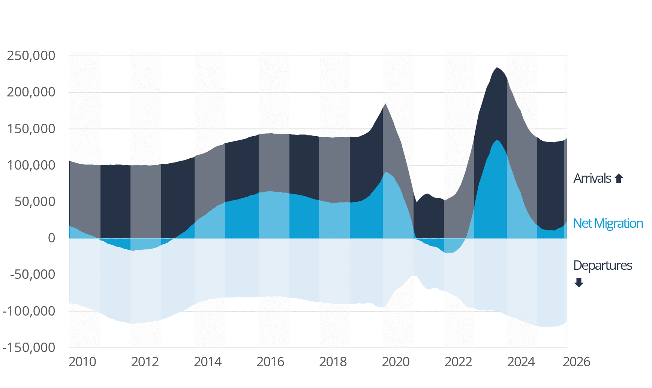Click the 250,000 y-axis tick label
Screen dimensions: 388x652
click(31, 56)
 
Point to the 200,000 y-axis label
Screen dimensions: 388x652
click(31, 92)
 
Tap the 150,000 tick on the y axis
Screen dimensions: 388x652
click(31, 129)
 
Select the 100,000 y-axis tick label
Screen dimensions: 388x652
click(31, 165)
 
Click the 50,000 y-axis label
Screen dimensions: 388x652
click(35, 202)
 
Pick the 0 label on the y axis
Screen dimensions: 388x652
click(51, 238)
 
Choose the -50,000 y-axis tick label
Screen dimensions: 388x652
click(33, 275)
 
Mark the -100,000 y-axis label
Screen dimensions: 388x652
click(29, 311)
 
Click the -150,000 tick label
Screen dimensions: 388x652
click(29, 348)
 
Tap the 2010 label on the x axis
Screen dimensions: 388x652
click(82, 362)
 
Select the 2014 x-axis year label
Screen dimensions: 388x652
click(208, 362)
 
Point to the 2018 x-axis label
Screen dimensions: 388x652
click(333, 362)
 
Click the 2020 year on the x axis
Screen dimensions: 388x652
click(396, 362)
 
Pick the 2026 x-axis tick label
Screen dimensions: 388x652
click(577, 362)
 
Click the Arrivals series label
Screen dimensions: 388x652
click(592, 179)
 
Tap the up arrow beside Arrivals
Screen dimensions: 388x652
click(619, 179)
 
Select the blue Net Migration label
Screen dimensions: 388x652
click(608, 224)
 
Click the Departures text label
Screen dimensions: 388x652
click(603, 266)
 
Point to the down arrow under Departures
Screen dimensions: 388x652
click(579, 283)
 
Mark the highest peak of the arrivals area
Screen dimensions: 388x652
click(497, 68)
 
